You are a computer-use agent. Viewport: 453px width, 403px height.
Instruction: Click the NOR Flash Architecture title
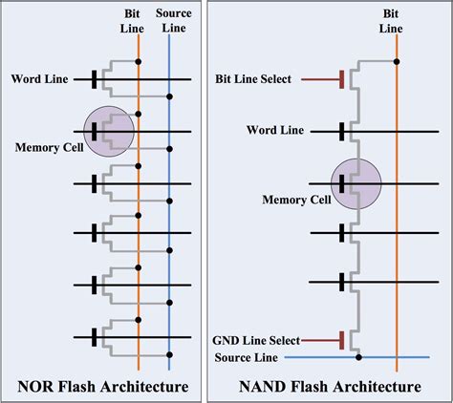[102, 386]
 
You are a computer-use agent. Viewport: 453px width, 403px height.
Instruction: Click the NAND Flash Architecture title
[330, 386]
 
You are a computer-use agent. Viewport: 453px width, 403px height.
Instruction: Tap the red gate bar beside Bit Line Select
[341, 78]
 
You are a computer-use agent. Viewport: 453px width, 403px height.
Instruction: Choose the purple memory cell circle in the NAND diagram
[356, 182]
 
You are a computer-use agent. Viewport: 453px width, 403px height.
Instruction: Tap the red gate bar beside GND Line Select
[341, 339]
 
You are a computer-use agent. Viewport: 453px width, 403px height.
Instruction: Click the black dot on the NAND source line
[358, 358]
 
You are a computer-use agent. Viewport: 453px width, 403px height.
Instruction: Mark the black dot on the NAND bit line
[396, 61]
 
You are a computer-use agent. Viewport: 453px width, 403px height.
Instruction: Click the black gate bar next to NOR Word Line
[94, 78]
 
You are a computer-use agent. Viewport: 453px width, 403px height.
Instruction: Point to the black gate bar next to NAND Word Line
[341, 128]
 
